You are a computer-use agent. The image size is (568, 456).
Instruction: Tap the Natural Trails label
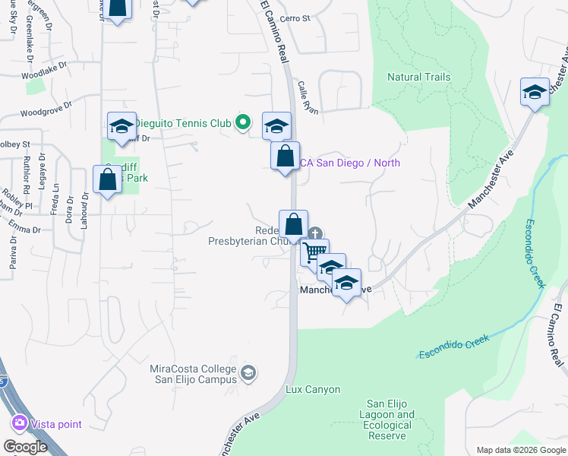418,77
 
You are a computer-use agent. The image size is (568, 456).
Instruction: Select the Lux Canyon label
313,390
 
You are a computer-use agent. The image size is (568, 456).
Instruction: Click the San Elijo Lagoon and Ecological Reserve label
391,415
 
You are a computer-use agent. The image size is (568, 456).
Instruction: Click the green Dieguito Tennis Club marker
243,122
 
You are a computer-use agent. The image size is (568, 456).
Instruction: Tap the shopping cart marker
314,251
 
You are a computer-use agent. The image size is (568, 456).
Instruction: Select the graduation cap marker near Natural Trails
535,92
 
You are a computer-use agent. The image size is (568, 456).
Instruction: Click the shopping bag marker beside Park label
107,179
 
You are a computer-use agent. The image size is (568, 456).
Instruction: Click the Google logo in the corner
25,447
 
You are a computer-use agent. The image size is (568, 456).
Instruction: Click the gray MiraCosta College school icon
248,373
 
